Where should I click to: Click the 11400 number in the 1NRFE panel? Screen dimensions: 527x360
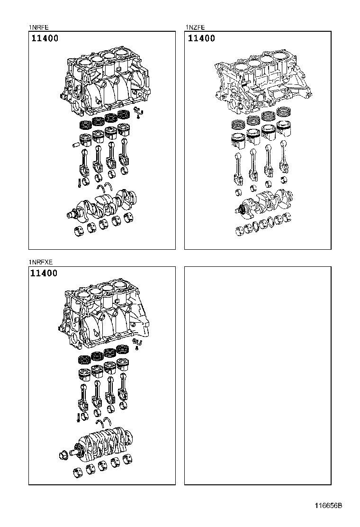click(x=45, y=38)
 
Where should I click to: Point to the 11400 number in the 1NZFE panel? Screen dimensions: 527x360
click(x=201, y=38)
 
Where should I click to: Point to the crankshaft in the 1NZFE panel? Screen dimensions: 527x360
click(x=265, y=201)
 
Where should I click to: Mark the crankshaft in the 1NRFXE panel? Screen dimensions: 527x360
click(x=102, y=443)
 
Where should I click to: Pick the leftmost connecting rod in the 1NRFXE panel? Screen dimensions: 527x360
click(x=85, y=396)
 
